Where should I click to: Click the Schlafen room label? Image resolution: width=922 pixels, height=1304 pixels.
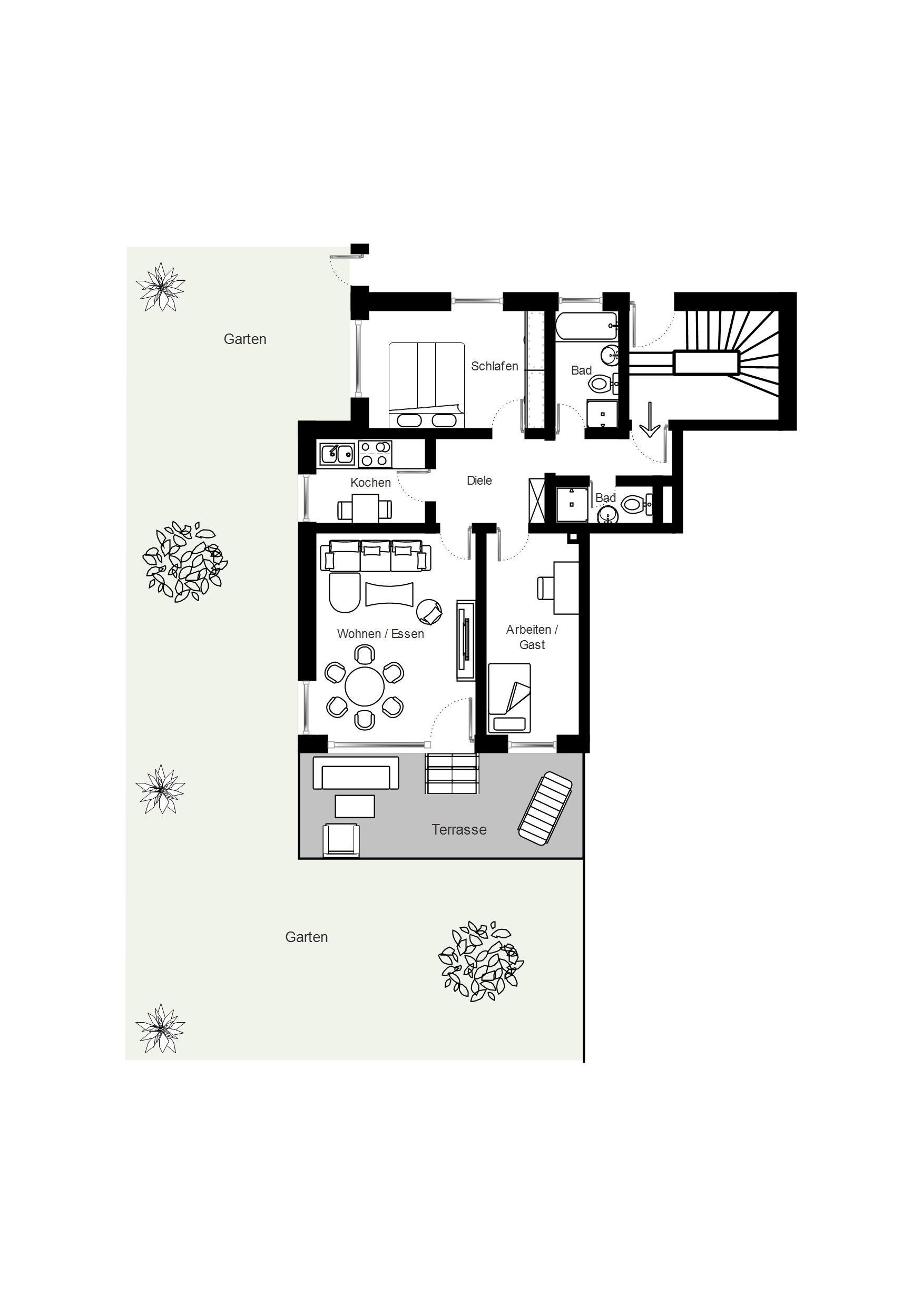point(494,366)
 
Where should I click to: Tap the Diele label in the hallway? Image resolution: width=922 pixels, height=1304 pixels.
point(479,481)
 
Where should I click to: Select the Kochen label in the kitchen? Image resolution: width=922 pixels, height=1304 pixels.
point(370,483)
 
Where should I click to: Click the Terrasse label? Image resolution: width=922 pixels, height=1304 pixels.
point(459,830)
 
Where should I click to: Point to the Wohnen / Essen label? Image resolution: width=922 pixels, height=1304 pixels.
point(380,634)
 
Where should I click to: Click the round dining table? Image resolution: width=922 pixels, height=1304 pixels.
point(365,687)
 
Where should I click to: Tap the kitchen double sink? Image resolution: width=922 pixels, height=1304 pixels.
point(337,454)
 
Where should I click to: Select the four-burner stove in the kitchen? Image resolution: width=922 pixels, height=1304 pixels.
point(375,454)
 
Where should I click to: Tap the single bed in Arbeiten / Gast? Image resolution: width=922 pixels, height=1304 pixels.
point(509,698)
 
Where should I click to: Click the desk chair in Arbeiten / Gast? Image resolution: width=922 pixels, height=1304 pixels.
point(546,588)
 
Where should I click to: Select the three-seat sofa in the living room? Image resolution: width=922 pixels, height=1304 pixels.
point(376,556)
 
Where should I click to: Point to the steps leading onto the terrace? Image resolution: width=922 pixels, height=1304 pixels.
point(452,773)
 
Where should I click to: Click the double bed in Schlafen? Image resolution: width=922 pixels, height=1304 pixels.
point(427,385)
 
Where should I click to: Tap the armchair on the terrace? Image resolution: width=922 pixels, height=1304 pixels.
point(341,840)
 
